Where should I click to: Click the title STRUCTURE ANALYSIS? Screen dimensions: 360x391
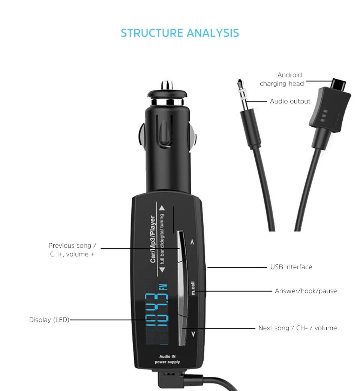point(180,33)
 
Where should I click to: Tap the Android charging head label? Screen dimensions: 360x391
point(282,79)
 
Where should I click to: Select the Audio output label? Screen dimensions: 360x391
point(290,101)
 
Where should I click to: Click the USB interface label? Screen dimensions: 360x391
point(291,267)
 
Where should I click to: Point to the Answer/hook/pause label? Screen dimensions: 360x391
point(306,291)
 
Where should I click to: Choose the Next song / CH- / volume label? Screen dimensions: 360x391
point(298,328)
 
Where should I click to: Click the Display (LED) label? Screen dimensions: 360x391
point(49,320)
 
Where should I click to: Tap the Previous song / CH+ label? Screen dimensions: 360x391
point(72,250)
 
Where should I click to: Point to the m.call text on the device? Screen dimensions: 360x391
point(193,288)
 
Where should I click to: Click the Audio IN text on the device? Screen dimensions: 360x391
point(167,357)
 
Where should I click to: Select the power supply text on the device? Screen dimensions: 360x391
point(167,362)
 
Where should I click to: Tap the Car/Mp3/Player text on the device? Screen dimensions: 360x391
point(153,239)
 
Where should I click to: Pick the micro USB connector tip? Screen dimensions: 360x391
point(338,84)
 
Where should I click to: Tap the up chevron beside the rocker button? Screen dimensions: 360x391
point(192,242)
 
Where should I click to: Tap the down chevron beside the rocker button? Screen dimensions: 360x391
point(193,334)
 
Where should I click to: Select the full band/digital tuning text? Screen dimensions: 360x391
point(162,239)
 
